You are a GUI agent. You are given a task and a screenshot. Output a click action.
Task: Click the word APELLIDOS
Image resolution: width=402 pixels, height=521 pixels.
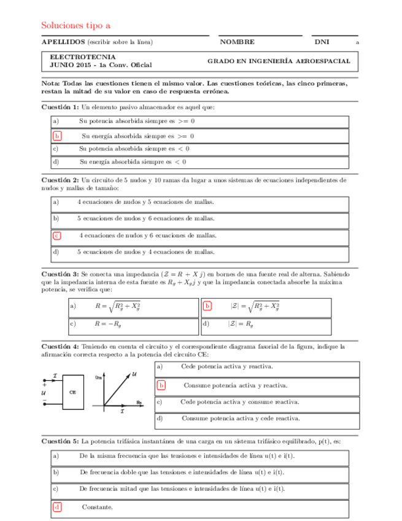63,42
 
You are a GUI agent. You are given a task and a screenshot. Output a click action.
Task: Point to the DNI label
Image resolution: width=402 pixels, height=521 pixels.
322,42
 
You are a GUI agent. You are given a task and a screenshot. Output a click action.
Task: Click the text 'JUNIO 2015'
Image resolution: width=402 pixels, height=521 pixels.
69,65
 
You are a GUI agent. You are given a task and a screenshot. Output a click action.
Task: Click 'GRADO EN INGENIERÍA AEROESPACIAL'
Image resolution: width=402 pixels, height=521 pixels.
279,61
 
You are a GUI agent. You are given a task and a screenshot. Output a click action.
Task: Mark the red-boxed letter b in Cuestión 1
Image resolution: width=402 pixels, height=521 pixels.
57,136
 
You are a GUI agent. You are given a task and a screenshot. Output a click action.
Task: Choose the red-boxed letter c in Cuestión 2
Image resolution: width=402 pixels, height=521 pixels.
57,235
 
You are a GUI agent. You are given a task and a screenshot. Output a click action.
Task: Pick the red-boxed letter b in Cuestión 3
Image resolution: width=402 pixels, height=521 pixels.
207,306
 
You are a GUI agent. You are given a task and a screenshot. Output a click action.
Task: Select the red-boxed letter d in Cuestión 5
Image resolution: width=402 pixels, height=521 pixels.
57,507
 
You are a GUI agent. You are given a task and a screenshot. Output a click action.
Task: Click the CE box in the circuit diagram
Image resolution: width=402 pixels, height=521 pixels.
72,391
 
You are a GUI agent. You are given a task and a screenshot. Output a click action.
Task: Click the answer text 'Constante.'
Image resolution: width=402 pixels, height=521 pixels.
97,507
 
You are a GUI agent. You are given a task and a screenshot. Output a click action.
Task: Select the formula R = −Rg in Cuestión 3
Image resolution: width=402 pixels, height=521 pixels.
107,324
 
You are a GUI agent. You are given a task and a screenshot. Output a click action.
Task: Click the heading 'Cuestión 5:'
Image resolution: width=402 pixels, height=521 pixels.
60,441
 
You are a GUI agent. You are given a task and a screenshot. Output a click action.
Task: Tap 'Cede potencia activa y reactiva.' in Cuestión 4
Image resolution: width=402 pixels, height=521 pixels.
227,367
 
